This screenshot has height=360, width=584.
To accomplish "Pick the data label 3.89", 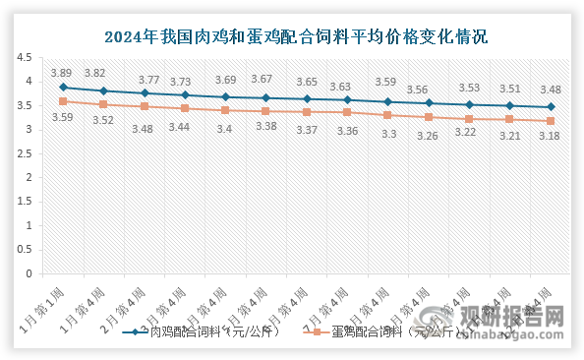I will point(62,72).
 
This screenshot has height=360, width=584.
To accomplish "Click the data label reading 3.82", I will point(95,73).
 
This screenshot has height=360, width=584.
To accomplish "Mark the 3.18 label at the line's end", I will point(551,137).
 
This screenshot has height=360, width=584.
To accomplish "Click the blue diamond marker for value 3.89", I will point(63,87).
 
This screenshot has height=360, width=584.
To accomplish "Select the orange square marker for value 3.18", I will point(551,121).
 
